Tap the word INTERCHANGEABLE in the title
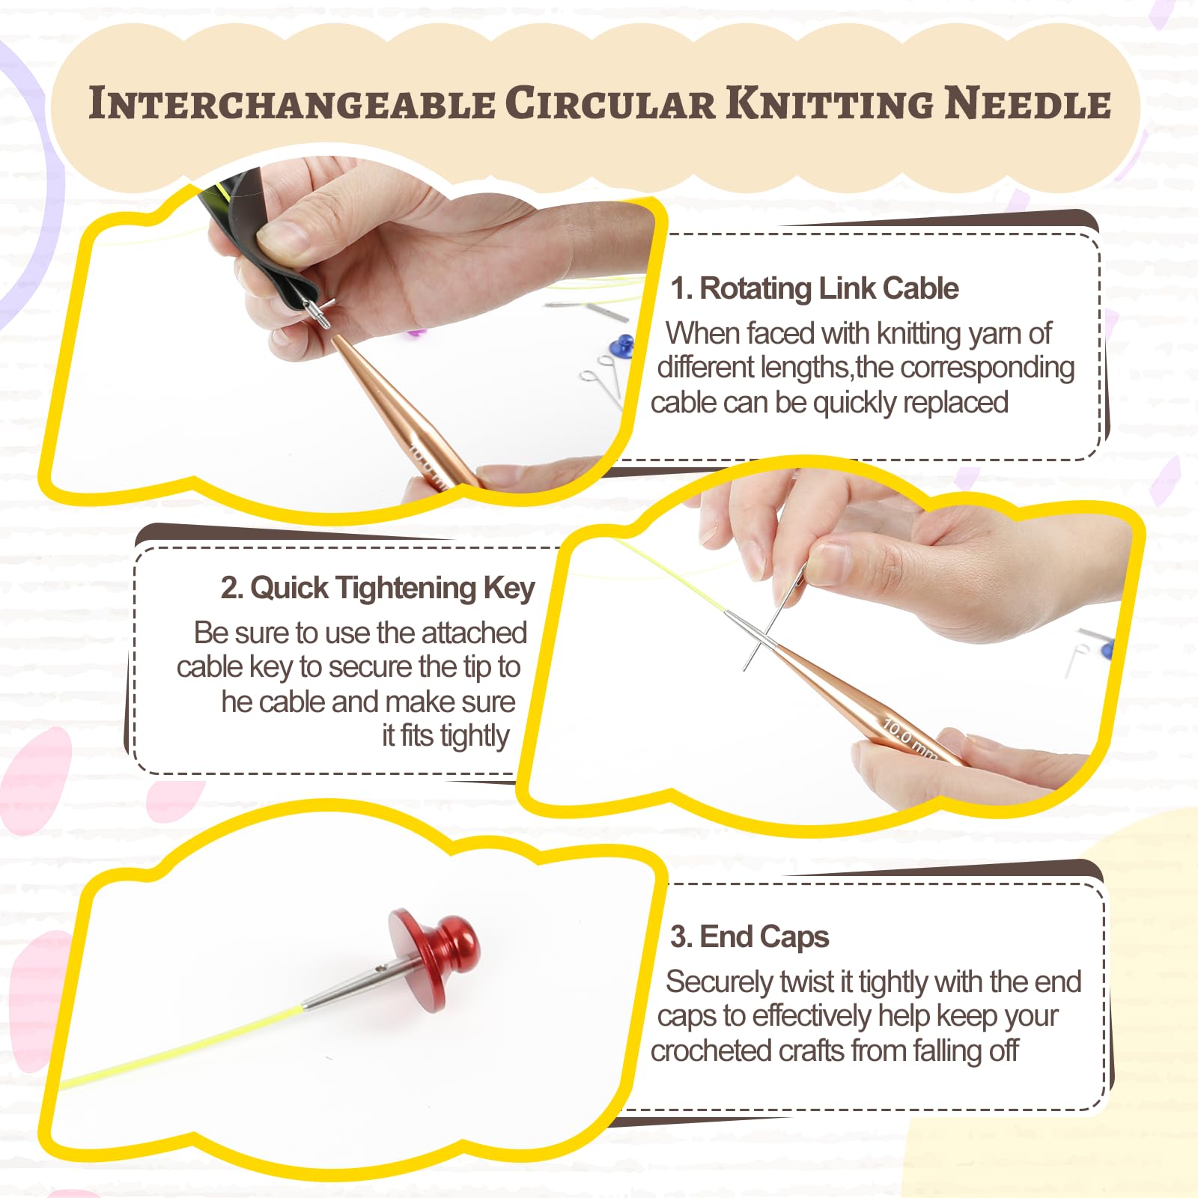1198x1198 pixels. click(x=292, y=103)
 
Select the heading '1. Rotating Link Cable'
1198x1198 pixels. click(x=815, y=288)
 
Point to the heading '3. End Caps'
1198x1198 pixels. click(x=749, y=937)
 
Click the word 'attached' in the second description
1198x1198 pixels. click(x=474, y=633)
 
